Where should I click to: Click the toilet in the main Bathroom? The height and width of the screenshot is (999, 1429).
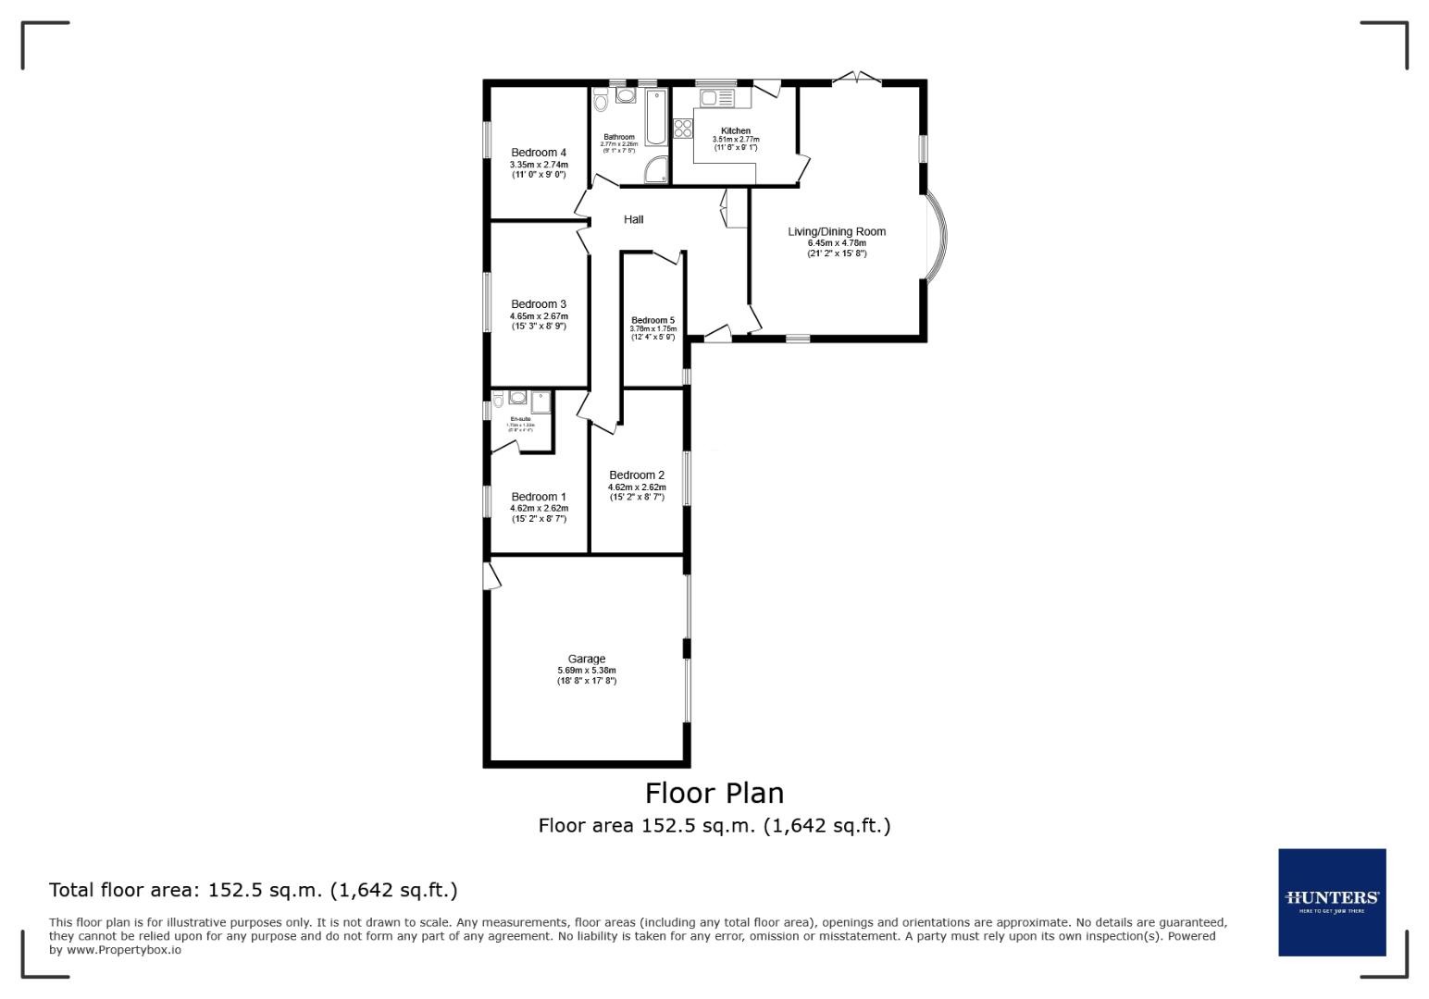600,101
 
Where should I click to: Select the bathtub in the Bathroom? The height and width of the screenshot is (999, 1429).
656,117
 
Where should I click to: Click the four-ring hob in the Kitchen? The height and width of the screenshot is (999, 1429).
684,129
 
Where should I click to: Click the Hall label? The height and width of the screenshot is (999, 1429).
633,219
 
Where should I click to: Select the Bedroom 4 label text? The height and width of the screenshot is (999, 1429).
539,153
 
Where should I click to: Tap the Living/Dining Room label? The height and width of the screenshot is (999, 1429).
837,231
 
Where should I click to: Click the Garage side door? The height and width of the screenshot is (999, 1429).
491,574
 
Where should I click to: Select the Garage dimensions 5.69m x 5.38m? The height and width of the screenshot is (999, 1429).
586,671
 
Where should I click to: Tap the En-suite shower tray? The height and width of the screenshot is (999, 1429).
541,401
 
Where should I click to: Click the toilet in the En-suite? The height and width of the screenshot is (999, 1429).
498,400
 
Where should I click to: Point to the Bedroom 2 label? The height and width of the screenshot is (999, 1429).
637,475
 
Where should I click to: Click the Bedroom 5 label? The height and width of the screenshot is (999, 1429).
653,320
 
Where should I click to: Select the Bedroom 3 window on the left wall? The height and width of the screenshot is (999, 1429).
487,302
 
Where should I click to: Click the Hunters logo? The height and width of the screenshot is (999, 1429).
1332,902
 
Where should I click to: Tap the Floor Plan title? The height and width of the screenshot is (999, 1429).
714,793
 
